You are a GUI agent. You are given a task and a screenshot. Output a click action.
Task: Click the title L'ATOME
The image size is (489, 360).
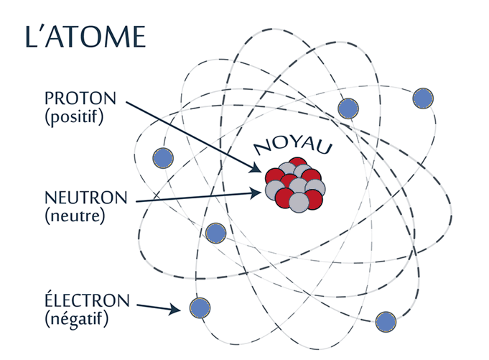[85, 37]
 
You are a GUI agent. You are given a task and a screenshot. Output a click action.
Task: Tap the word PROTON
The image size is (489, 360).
[80, 98]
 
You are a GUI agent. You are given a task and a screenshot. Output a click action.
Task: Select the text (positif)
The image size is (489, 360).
[74, 117]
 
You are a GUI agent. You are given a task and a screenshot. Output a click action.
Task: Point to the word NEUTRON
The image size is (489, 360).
[86, 198]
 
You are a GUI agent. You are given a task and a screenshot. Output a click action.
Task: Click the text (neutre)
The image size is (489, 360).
[75, 216]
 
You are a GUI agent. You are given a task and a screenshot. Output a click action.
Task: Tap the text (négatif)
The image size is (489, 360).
[77, 319]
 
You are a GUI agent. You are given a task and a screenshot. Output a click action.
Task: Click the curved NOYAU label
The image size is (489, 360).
[293, 147]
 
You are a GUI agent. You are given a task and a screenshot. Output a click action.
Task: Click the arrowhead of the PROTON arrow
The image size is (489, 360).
[256, 168]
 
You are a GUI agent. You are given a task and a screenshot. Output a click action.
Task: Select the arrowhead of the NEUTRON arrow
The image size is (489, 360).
[256, 193]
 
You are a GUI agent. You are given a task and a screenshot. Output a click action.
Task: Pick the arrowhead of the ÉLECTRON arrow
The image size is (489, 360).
[174, 310]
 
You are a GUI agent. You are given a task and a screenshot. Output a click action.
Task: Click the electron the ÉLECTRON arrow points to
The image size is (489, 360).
[200, 308]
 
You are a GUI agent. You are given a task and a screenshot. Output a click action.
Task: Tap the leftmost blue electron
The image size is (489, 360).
[163, 158]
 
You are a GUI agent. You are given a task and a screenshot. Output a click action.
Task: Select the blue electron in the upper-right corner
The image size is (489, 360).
[423, 98]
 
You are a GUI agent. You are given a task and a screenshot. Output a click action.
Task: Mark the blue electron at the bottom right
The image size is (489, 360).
[386, 322]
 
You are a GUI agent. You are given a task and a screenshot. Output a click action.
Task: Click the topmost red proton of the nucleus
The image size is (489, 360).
[298, 162]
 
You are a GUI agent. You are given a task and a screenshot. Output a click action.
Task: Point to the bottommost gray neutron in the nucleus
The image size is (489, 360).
[299, 203]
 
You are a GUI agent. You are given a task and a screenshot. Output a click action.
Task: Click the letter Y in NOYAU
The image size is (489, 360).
[292, 144]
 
